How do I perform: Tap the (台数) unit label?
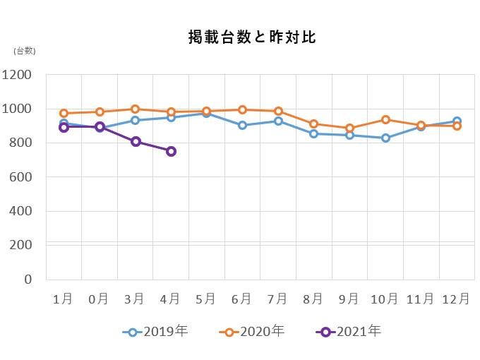click(x=24, y=50)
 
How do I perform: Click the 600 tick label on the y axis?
click(x=21, y=177)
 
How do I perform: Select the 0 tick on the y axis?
click(x=29, y=279)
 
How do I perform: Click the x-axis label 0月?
click(x=99, y=299)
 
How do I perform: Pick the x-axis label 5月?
click(x=206, y=299)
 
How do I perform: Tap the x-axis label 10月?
click(x=385, y=299)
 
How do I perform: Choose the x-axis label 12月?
click(x=456, y=299)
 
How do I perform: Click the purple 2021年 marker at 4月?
click(x=171, y=151)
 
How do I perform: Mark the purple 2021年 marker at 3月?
click(x=136, y=141)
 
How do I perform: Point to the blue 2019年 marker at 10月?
click(x=385, y=138)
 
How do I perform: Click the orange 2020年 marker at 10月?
click(x=385, y=120)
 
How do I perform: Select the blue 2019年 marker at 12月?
click(x=457, y=121)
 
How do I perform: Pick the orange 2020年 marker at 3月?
click(x=136, y=109)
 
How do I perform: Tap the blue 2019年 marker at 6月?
click(x=242, y=125)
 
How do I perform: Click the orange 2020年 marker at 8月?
click(x=314, y=124)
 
